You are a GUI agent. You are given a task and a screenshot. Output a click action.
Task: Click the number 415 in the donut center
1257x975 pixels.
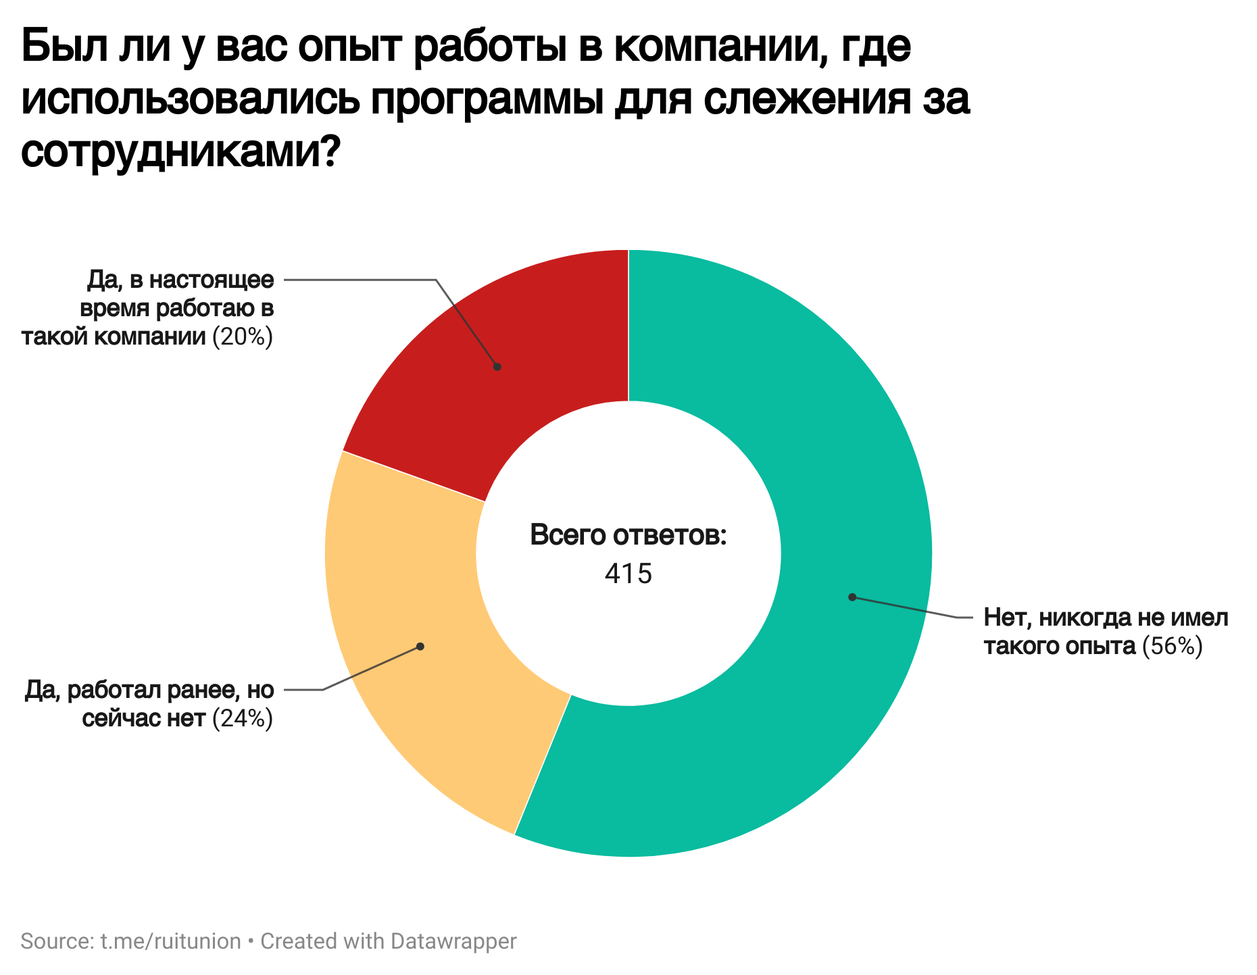click(628, 574)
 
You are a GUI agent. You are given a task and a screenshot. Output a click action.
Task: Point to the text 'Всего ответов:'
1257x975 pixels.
click(628, 534)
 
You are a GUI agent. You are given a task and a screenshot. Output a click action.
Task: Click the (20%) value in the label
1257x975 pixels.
click(243, 336)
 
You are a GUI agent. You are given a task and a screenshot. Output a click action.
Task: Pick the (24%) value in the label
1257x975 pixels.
click(243, 718)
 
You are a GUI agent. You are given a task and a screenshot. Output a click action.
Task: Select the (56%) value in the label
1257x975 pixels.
click(1173, 647)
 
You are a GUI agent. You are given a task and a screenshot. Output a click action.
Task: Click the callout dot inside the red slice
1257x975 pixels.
click(497, 367)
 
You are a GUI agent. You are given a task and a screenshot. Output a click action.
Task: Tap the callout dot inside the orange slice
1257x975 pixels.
click(420, 647)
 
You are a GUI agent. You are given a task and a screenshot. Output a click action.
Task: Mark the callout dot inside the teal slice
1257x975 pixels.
click(852, 597)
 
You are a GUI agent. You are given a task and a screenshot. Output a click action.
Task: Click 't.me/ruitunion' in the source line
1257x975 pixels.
click(170, 941)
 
